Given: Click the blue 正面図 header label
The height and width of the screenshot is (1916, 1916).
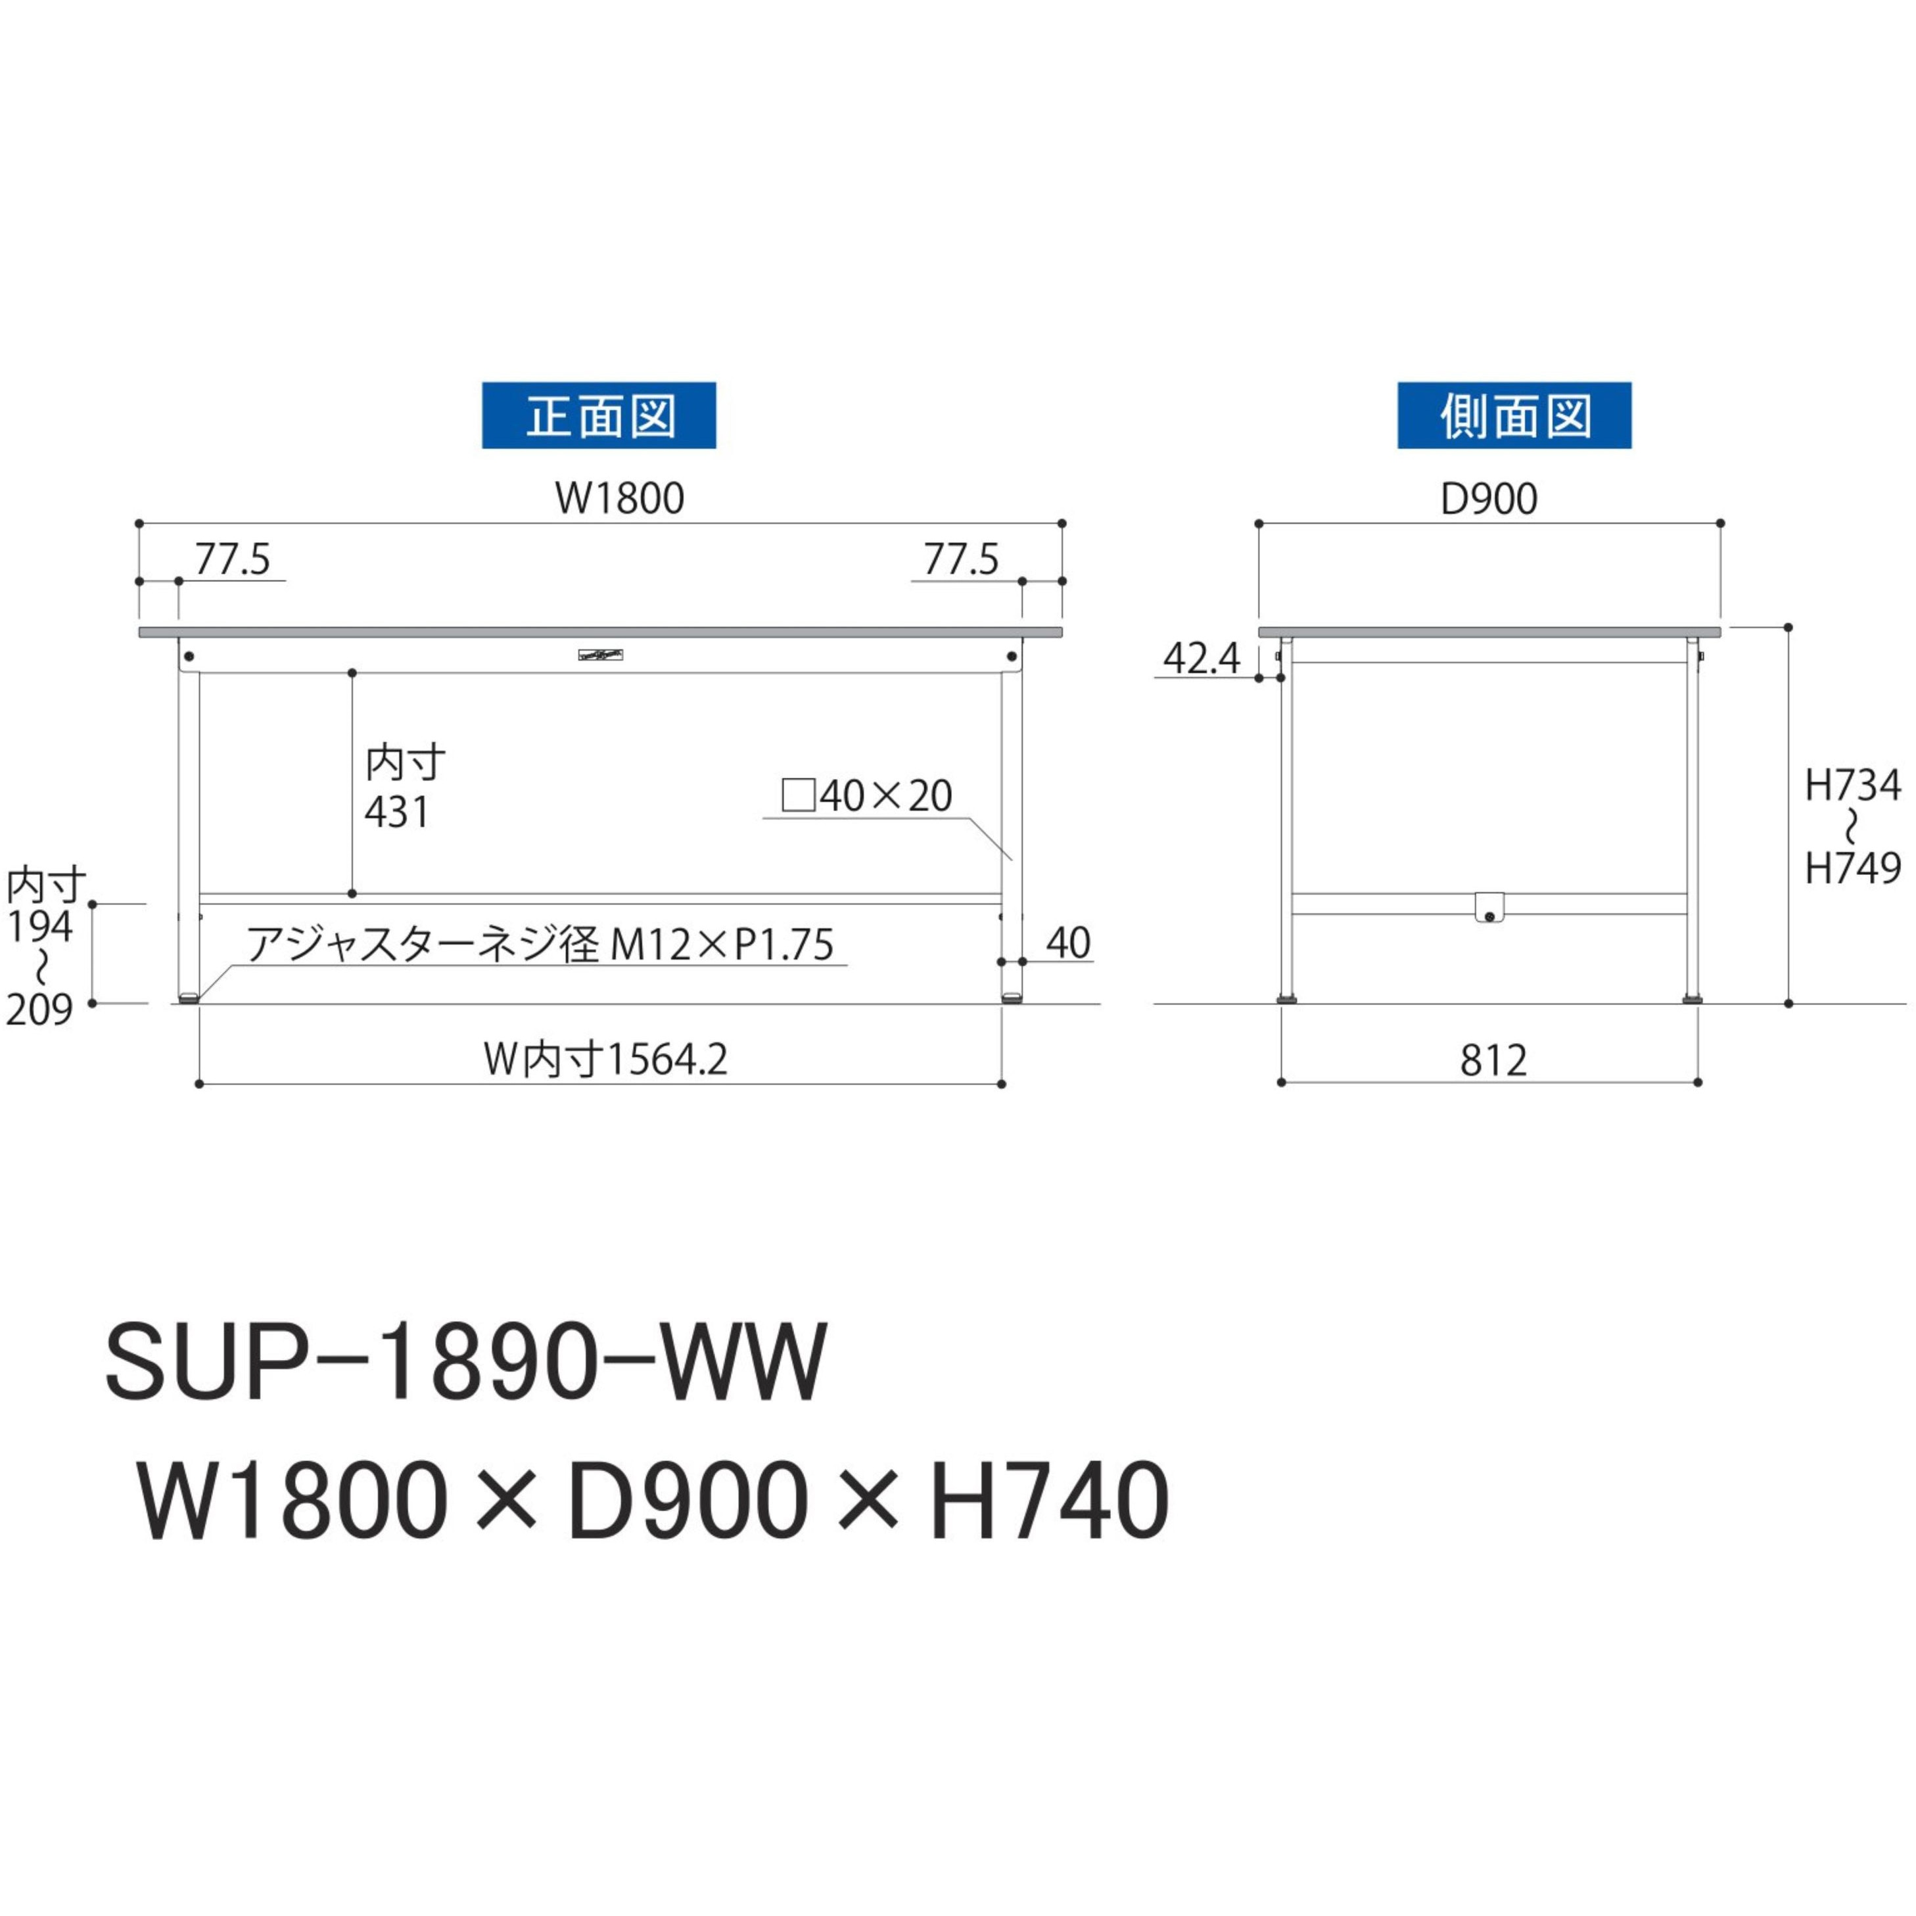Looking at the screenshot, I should coord(598,415).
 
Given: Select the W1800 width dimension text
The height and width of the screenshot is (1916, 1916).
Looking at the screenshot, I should coord(619,499).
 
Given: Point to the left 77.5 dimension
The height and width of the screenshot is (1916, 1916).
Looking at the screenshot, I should coord(232,560).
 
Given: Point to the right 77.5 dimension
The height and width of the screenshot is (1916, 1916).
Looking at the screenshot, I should coord(960,560).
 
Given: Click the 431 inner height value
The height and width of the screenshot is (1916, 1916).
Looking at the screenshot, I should coord(397,813).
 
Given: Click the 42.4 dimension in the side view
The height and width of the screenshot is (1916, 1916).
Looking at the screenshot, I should coord(1201,659).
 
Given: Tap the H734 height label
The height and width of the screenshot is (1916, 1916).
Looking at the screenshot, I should coord(1852,786).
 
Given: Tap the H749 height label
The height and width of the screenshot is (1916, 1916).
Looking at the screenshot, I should coord(1852,869).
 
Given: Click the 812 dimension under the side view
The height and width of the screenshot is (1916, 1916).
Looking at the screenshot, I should coord(1493,1061).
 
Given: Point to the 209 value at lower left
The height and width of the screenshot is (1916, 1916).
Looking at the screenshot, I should coord(39,1010).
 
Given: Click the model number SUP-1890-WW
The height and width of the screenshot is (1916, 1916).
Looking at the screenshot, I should coord(466,1362).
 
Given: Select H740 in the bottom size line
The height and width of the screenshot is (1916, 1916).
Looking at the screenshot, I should coord(1048,1501).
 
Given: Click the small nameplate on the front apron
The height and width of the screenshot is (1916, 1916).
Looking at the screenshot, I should coord(601,655).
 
